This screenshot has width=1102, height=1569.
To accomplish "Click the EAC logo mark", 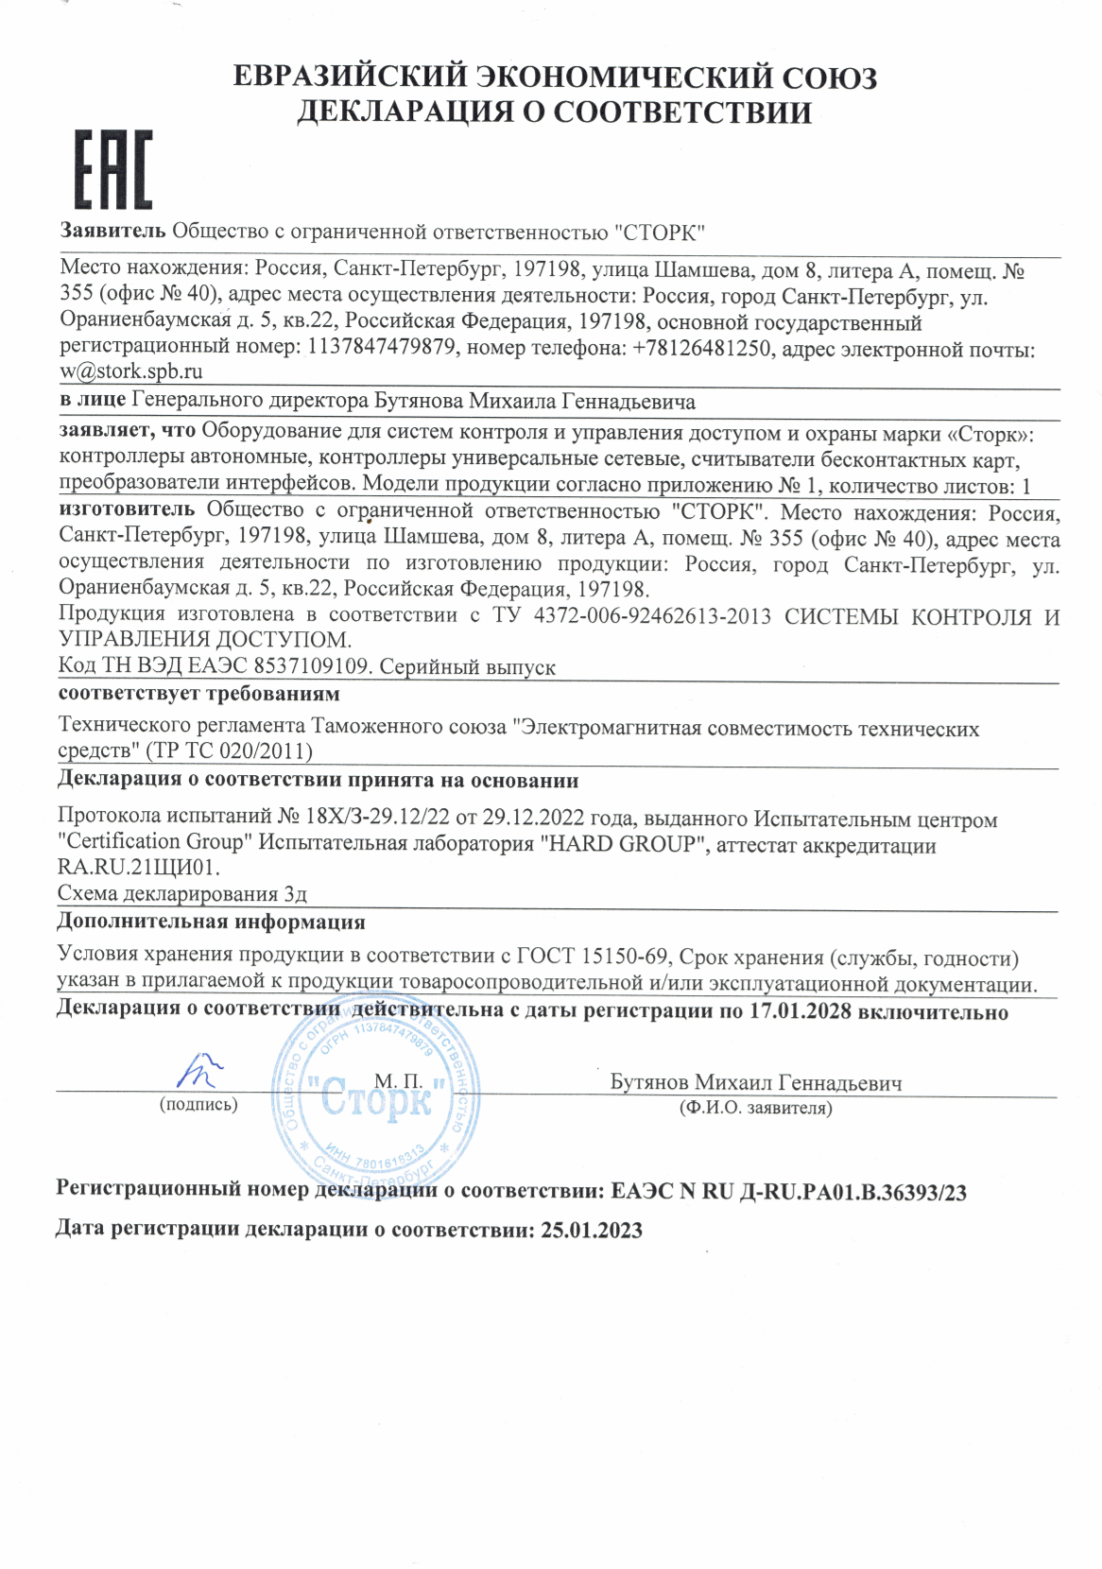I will coord(113,170).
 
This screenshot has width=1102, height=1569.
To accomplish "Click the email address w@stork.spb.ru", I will coord(131,371).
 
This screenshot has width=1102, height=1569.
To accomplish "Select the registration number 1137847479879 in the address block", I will coord(380,347).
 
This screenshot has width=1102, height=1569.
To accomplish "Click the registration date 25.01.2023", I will coord(591,1230).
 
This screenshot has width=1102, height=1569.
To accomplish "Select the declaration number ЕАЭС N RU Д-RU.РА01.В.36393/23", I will coord(789,1191).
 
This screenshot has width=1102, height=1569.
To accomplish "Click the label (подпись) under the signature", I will coord(198,1104).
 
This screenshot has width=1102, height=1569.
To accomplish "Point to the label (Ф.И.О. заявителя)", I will coord(756,1108).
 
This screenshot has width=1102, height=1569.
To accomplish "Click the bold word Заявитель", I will coord(113,232).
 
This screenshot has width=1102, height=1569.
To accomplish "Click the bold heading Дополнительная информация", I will coord(212,922).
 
